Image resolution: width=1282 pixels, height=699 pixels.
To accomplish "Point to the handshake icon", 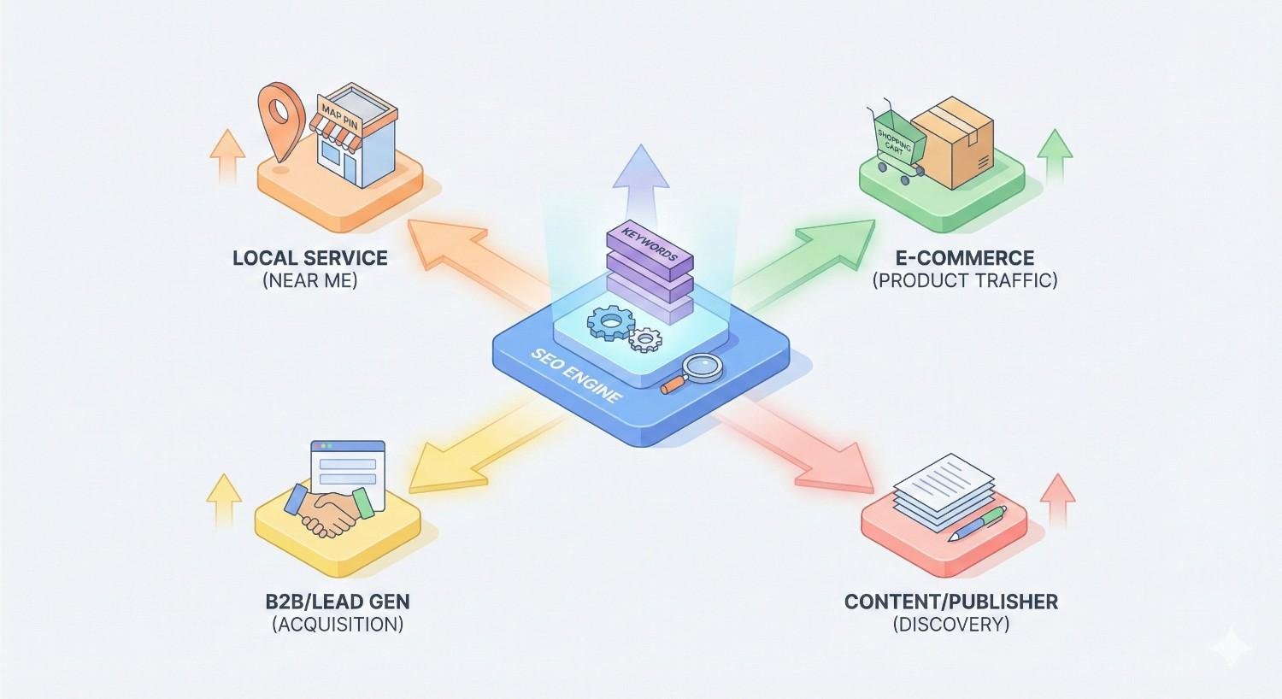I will (330, 510).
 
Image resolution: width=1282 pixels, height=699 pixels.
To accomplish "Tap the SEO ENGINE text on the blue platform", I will (577, 381).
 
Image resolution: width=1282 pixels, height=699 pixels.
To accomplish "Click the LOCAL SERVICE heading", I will (309, 258).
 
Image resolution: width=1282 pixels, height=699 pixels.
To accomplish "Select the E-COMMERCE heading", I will (965, 258).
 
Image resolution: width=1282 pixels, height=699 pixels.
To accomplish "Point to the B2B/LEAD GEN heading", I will (338, 602).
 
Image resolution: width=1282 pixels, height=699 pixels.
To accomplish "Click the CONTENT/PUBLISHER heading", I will (950, 602).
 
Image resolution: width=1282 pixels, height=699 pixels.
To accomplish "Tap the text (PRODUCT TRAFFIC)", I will (965, 280).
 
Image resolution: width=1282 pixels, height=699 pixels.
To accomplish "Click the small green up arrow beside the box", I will (1054, 156).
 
